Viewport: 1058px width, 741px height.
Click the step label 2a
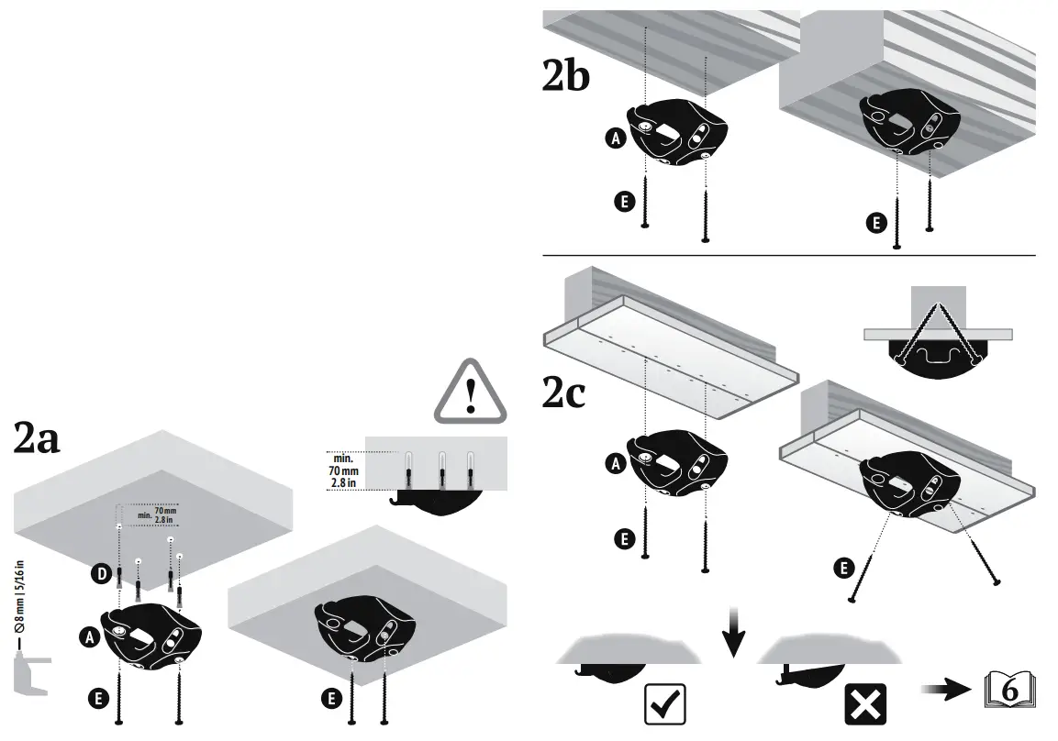[x=37, y=440]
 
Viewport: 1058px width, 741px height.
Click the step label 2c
[x=563, y=393]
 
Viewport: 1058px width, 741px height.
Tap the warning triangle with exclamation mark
[x=471, y=392]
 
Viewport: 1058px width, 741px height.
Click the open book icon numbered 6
[x=1011, y=691]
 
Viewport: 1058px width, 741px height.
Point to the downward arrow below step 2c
[x=731, y=630]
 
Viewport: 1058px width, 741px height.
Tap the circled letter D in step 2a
[x=101, y=575]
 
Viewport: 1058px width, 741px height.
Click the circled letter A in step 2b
[x=615, y=138]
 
